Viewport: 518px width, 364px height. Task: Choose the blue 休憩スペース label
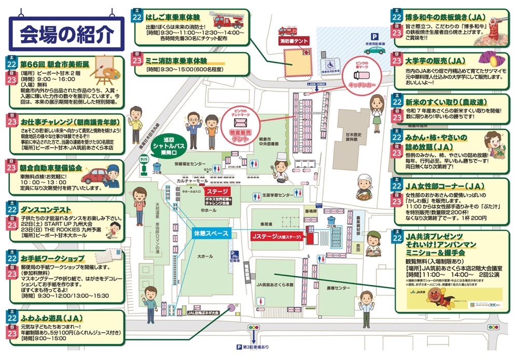[211, 234]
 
